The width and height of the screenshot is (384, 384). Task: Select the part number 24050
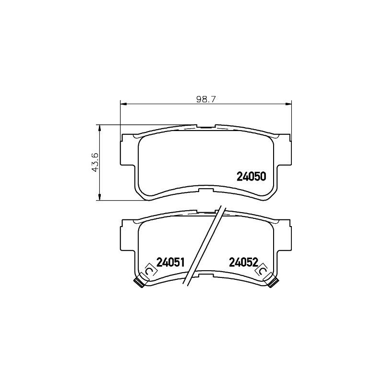251,177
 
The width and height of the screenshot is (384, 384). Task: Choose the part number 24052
243,262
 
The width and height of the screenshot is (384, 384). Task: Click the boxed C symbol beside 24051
149,272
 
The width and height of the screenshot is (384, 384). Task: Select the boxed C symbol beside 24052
263,272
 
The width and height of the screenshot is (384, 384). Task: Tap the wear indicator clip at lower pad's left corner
139,283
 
